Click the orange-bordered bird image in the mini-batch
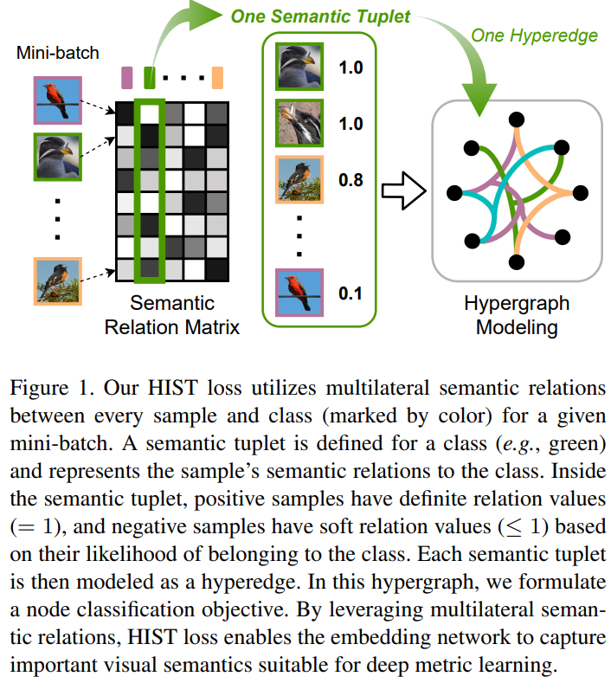click(57, 280)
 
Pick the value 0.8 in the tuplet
click(351, 181)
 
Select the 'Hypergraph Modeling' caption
click(516, 316)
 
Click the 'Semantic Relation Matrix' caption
click(171, 315)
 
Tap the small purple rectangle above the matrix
click(126, 77)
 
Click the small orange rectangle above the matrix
click(217, 77)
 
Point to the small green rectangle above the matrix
click(150, 77)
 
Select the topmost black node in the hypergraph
click(517, 119)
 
